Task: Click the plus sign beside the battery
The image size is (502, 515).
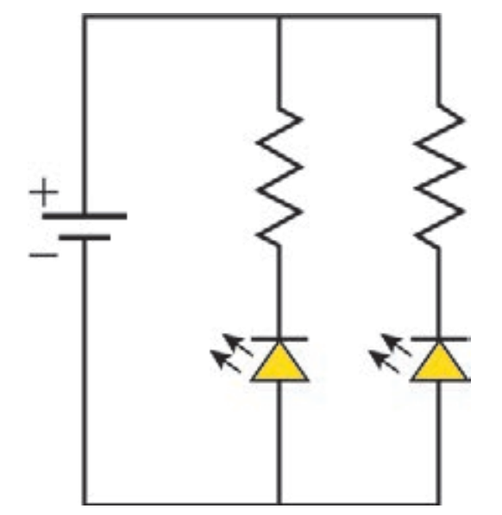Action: coord(44,192)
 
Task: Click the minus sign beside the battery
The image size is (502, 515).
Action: coord(44,254)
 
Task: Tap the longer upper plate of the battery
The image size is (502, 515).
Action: coord(85,217)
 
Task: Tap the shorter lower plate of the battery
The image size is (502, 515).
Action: coord(85,237)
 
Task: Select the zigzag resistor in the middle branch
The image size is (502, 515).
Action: coord(279,177)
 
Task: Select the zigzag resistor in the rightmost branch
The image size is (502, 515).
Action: coord(439,176)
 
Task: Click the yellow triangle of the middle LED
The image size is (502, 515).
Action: coord(279,363)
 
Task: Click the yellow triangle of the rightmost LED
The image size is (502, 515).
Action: coord(440,363)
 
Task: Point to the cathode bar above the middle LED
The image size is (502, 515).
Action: coord(279,339)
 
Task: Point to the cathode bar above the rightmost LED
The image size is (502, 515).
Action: coord(441,339)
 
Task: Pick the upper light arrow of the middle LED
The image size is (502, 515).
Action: coord(237,344)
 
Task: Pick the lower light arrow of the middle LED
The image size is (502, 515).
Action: coord(225,361)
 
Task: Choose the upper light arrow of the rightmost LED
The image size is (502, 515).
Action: coord(396,344)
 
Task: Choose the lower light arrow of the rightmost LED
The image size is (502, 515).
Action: coord(384,361)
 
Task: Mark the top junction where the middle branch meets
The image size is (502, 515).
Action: coord(279,16)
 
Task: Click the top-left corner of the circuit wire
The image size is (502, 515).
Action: coord(85,16)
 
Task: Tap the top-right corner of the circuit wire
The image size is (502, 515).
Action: coord(439,16)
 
